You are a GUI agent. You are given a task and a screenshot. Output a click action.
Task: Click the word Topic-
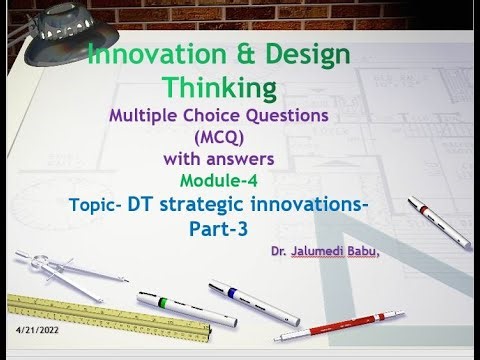[x=98, y=206]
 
